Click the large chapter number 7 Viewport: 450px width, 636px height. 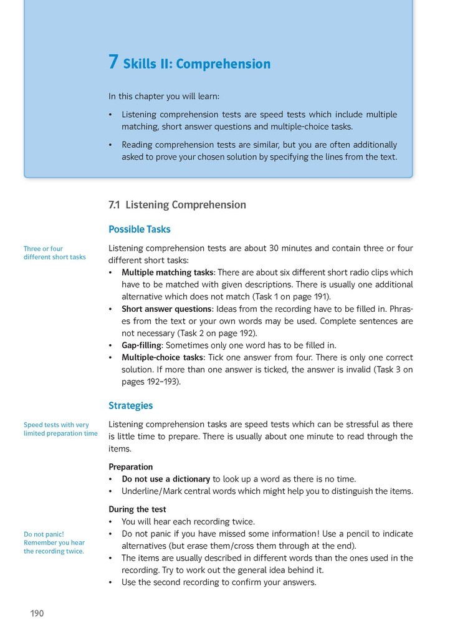click(113, 62)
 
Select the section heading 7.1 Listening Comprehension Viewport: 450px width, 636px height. click(177, 205)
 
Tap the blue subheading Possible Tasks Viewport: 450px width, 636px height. click(139, 229)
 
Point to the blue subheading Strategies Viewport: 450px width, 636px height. click(130, 406)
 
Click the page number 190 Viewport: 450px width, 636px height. click(37, 614)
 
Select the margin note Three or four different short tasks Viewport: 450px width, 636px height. click(55, 253)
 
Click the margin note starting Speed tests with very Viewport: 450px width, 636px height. click(60, 429)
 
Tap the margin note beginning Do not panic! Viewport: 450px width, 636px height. click(54, 542)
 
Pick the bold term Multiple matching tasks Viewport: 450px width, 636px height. click(167, 272)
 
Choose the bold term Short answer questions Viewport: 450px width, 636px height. click(166, 309)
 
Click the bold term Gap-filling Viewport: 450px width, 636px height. click(141, 345)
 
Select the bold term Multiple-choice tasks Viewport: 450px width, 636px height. click(162, 358)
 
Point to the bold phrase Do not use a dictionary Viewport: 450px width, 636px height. click(166, 479)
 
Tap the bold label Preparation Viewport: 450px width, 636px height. click(131, 467)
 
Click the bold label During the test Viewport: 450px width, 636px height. click(137, 509)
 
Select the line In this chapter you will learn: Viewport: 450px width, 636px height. click(164, 97)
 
